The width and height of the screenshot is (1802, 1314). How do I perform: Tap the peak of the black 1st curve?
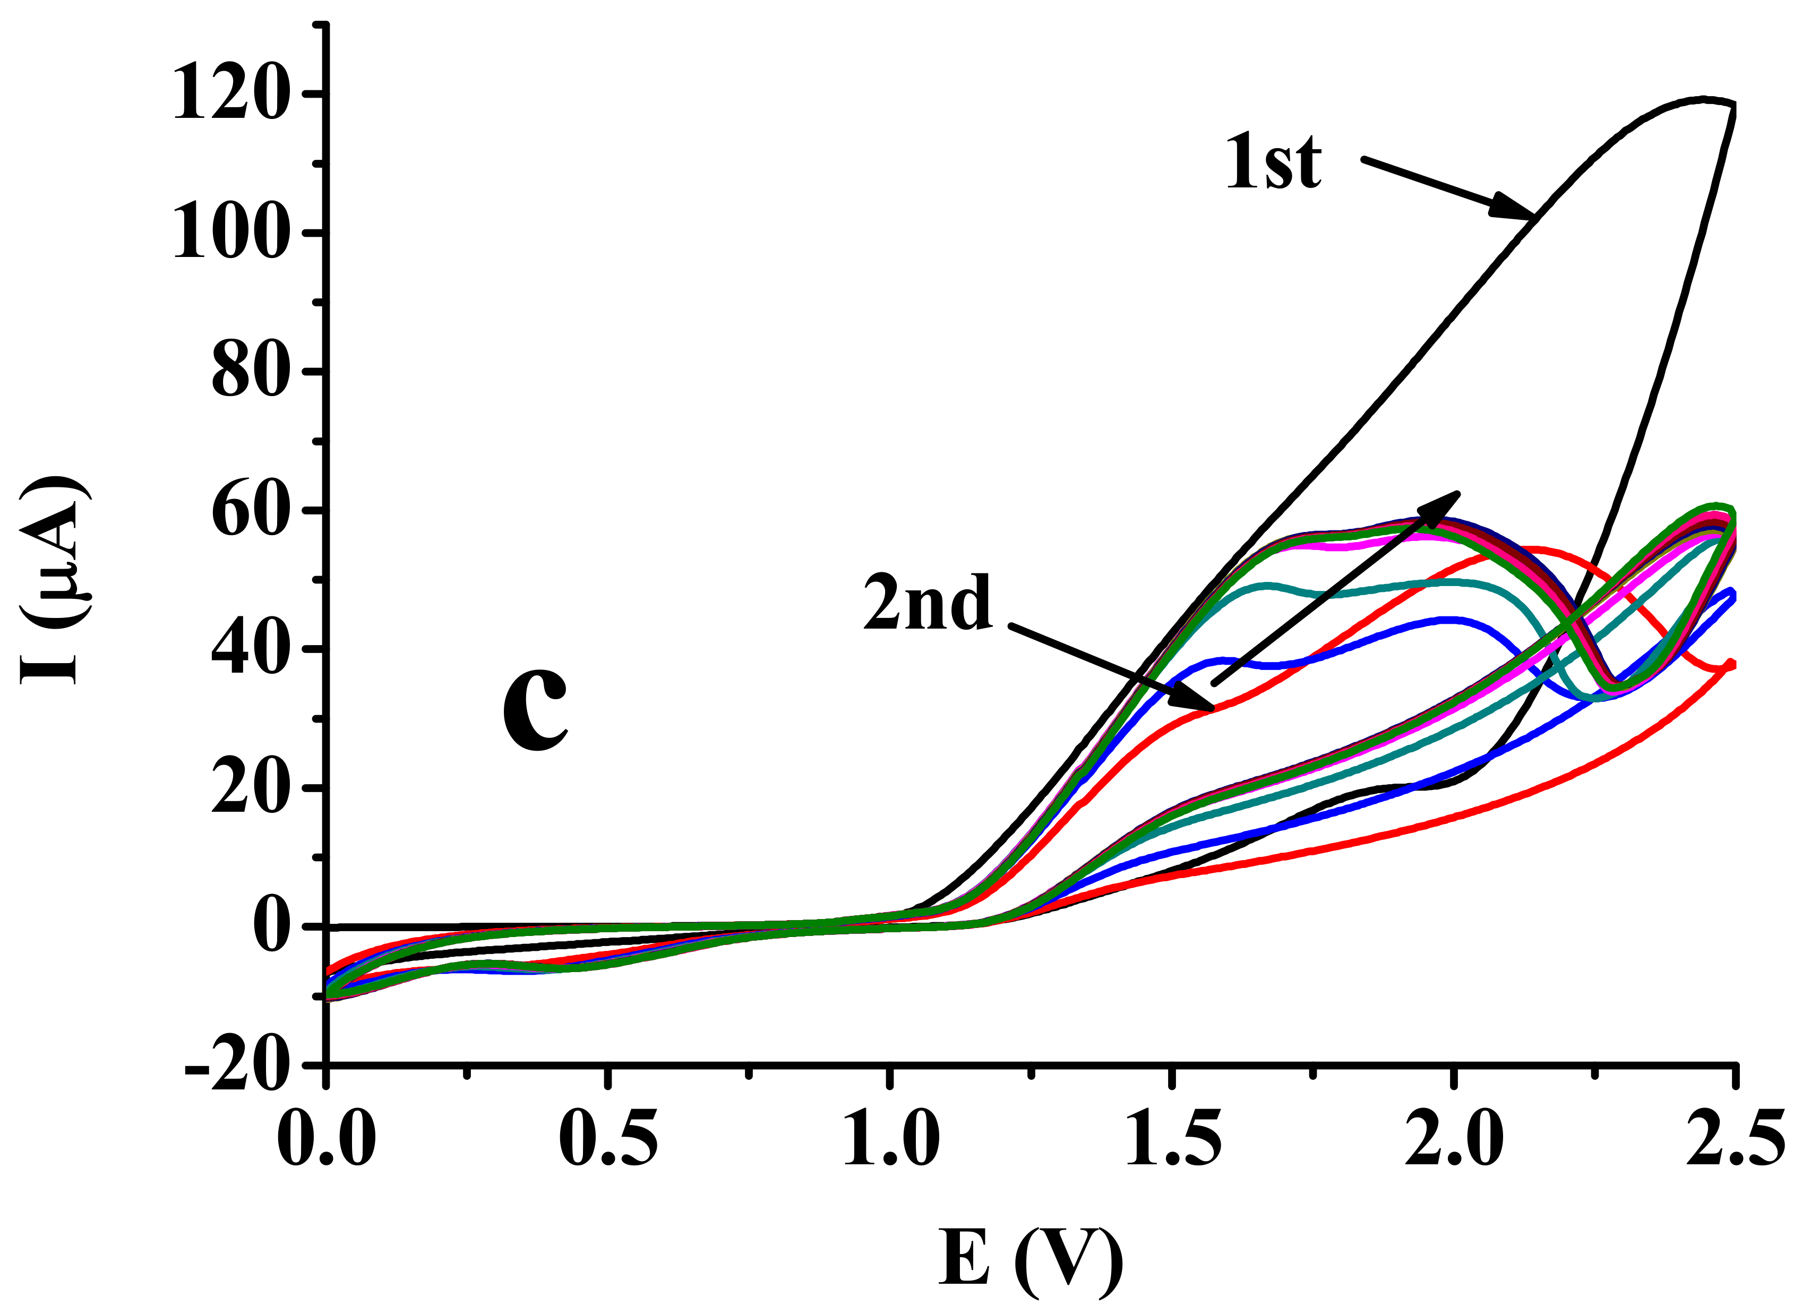click(x=1702, y=99)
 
